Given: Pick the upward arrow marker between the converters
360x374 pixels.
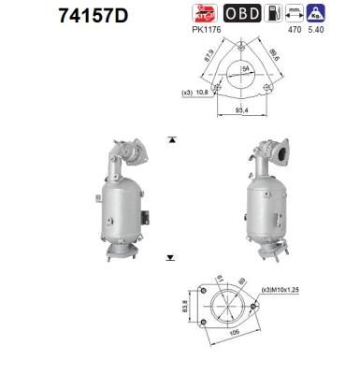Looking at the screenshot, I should pos(171,138).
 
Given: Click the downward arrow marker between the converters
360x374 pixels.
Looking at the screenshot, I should pos(171,255).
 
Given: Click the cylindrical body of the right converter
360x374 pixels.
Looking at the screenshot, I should pos(265,203).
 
